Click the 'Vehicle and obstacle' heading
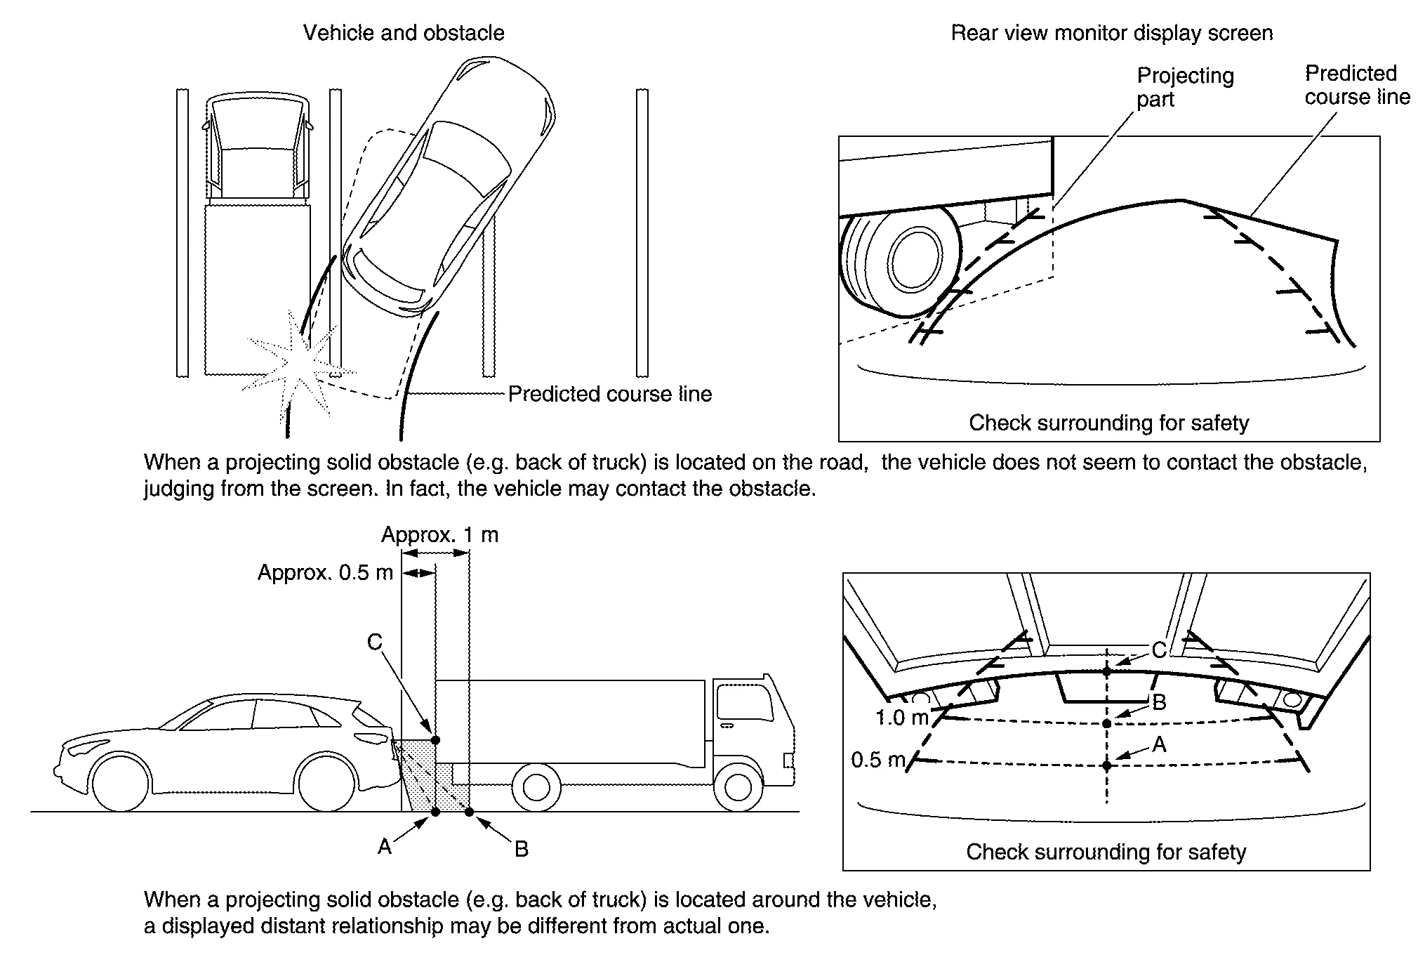(404, 33)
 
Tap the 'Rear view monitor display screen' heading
(1111, 33)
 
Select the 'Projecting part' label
(1185, 87)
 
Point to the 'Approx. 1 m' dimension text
(439, 535)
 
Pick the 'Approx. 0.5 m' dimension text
(325, 572)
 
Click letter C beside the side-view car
(375, 642)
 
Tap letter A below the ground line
(385, 847)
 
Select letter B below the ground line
(521, 849)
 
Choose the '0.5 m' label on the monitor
(878, 759)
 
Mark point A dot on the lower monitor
(1107, 765)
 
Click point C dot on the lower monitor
(1107, 671)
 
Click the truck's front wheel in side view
(737, 786)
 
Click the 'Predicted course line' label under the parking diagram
(609, 394)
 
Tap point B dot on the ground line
(469, 812)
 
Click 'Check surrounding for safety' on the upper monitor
(1109, 423)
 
